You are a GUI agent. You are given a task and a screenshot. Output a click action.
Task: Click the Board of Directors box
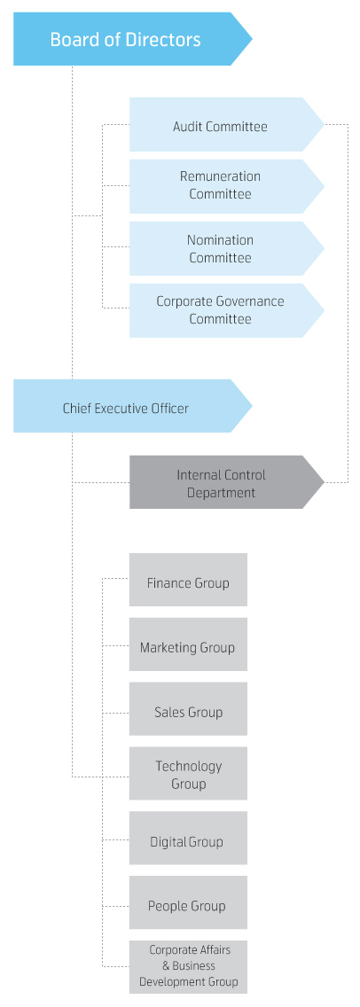(x=132, y=39)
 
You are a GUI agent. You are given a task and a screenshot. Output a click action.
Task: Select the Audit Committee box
(x=226, y=125)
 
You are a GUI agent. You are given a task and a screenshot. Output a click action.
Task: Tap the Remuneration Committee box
(x=226, y=186)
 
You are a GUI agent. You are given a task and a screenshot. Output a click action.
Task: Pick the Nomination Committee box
(x=226, y=248)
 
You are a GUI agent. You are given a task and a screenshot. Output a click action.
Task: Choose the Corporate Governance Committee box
(x=226, y=310)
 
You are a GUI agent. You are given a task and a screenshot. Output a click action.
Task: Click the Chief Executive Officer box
(x=132, y=406)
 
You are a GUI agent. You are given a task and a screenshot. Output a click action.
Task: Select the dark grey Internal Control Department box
(x=226, y=482)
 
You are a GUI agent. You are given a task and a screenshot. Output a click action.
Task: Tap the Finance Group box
(x=188, y=580)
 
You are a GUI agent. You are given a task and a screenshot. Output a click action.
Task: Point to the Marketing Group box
(x=188, y=644)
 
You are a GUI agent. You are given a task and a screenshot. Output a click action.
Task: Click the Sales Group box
(x=188, y=709)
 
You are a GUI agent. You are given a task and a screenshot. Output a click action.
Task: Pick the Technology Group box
(x=188, y=773)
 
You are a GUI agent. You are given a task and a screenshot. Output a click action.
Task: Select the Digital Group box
(x=188, y=838)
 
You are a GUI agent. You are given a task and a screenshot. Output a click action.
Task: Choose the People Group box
(x=188, y=902)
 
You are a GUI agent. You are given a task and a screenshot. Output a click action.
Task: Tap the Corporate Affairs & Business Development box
(x=188, y=967)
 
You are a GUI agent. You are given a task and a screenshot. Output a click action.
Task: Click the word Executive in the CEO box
(x=122, y=409)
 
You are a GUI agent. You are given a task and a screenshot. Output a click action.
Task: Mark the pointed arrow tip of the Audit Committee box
(x=324, y=125)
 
